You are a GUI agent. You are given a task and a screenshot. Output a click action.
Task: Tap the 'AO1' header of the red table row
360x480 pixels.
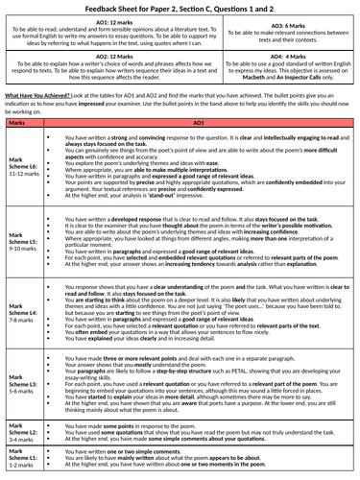click(200, 123)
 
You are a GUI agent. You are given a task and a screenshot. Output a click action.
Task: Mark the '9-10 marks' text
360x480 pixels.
click(21, 249)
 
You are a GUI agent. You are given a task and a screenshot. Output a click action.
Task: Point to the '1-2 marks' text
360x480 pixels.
click(20, 467)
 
